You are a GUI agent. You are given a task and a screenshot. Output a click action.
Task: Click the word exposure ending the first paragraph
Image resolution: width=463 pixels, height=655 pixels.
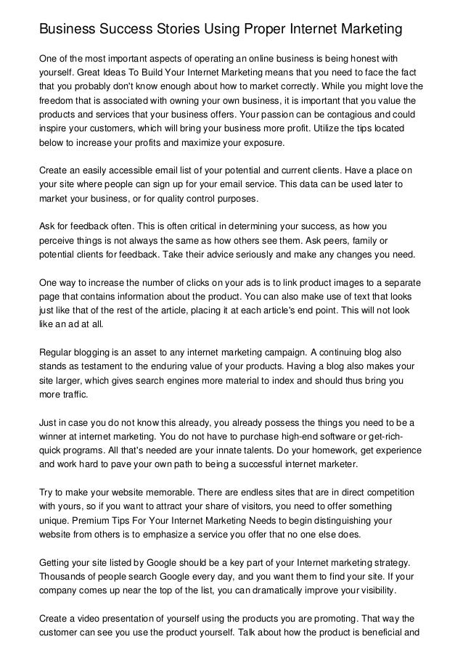point(291,141)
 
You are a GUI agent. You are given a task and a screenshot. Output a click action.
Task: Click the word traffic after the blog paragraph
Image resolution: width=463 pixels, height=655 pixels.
point(73,396)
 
